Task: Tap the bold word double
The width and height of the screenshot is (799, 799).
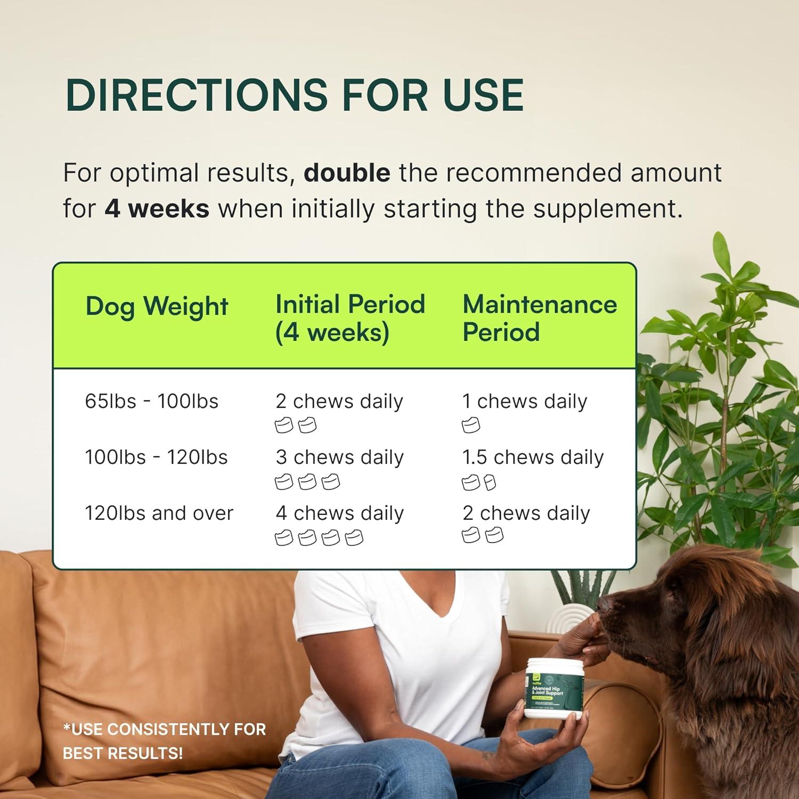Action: pos(347,173)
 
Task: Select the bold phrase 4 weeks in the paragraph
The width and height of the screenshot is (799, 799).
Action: pos(157,208)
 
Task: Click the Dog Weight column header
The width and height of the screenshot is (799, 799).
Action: pos(157,307)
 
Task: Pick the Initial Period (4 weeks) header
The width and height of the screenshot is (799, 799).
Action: pos(350,318)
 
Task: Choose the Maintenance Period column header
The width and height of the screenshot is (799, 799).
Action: pos(540,318)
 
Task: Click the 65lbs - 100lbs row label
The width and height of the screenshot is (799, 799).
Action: pos(151,401)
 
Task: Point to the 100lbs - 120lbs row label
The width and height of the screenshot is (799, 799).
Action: pos(156,457)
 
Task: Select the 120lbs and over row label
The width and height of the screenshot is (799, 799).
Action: pos(159,513)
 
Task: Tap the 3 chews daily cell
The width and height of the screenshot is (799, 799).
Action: pos(339,457)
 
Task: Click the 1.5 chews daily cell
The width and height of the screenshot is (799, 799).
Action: pos(533,457)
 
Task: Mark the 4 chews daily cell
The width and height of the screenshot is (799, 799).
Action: pos(339,513)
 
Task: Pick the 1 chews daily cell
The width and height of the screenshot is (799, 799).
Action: pos(525,401)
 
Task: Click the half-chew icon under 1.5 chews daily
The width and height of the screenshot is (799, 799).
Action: pos(490,483)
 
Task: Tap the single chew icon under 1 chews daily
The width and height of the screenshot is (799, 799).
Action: pos(470,426)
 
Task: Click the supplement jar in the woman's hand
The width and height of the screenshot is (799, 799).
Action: pos(554,688)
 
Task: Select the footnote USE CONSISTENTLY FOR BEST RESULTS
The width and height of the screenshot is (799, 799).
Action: pos(164,741)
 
